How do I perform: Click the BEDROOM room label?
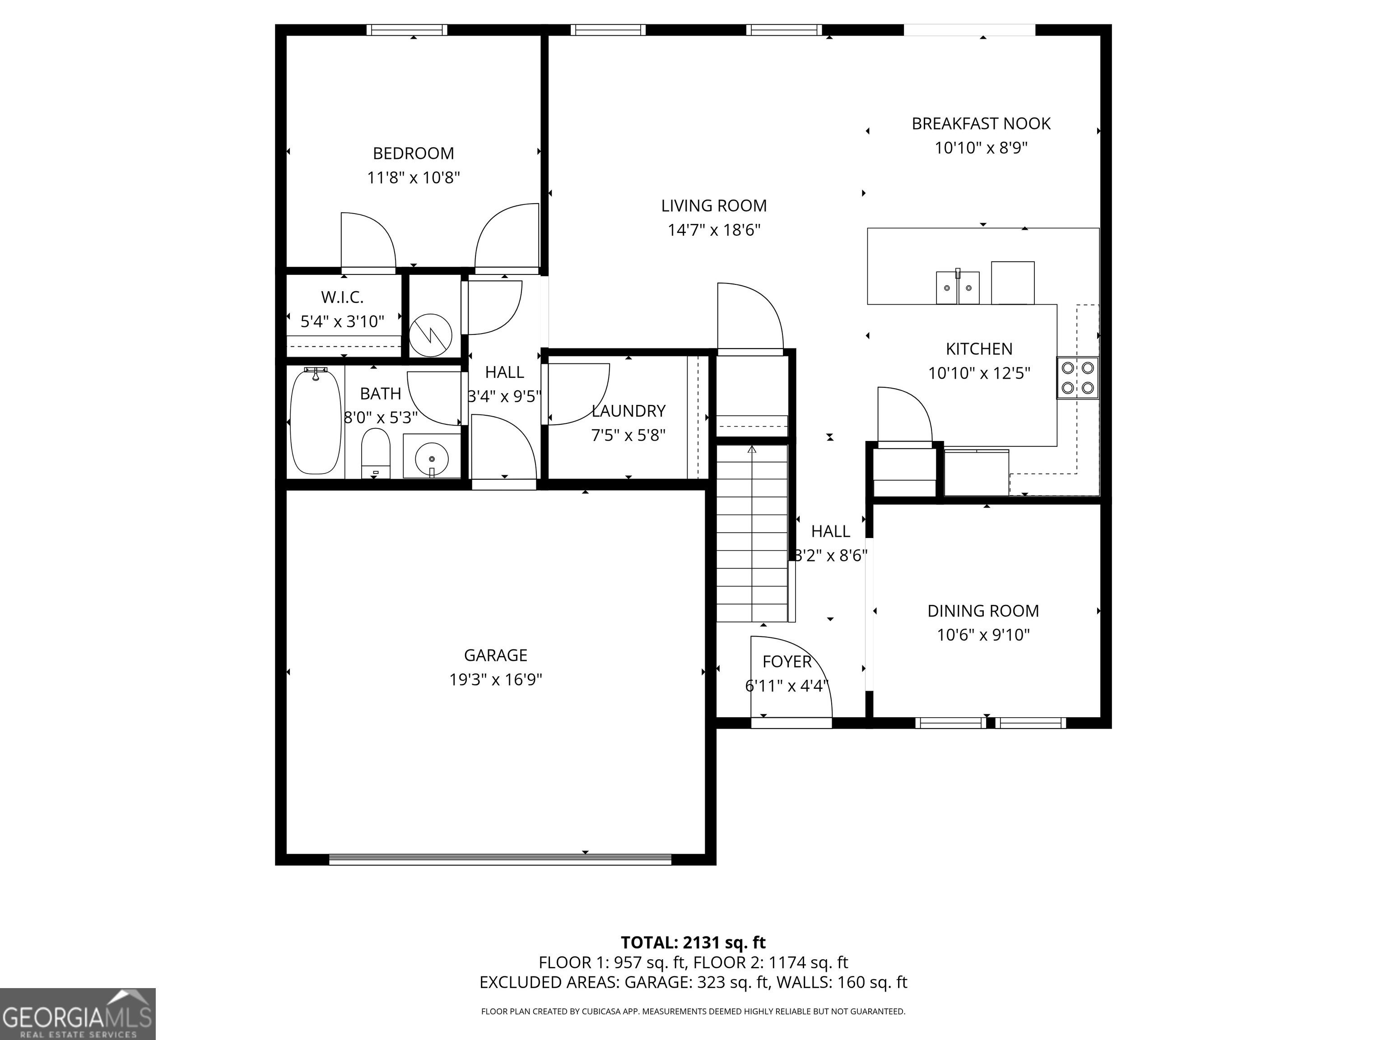point(413,153)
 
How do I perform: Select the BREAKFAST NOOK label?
point(981,124)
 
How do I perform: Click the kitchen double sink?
point(958,287)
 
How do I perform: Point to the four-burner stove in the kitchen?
point(1077,377)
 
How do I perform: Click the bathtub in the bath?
point(316,421)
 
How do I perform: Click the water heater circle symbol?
point(431,335)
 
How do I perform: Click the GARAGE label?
point(495,655)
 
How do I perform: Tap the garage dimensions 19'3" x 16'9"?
point(495,679)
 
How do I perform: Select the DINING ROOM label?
point(982,611)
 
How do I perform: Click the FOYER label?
point(787,661)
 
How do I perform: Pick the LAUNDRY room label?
point(628,411)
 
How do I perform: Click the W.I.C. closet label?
point(342,297)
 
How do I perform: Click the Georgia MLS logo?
point(78,1014)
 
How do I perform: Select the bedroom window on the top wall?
point(407,29)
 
